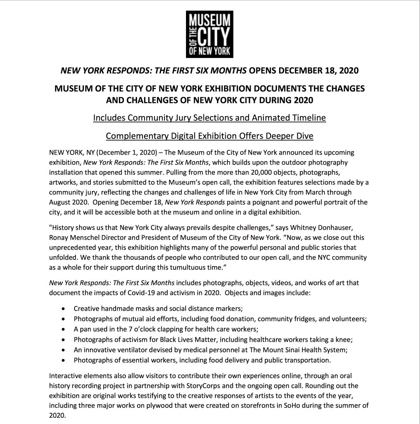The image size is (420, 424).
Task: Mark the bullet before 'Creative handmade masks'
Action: click(63, 309)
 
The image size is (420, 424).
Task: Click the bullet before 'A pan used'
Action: click(63, 330)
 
